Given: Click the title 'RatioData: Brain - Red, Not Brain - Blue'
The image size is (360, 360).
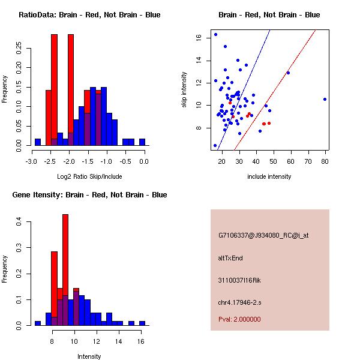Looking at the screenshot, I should pyautogui.click(x=89, y=15).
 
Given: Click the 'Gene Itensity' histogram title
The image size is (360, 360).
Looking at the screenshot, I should pyautogui.click(x=89, y=195).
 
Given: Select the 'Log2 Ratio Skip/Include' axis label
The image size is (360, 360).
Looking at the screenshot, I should pyautogui.click(x=89, y=176).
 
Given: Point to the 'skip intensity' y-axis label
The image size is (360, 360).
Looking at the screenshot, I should pyautogui.click(x=185, y=90).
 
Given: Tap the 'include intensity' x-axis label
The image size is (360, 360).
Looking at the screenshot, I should pyautogui.click(x=269, y=176).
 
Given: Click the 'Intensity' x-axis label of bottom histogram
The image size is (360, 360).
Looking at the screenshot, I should pyautogui.click(x=89, y=356).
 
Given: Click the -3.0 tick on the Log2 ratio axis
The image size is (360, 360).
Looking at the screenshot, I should pyautogui.click(x=32, y=161).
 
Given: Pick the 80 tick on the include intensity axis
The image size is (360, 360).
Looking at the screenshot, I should pyautogui.click(x=325, y=161).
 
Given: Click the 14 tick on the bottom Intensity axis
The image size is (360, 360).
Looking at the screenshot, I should pyautogui.click(x=119, y=341).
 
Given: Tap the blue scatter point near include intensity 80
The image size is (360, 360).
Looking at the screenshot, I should pyautogui.click(x=325, y=99).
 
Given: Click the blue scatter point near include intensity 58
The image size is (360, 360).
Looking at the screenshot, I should pyautogui.click(x=288, y=73).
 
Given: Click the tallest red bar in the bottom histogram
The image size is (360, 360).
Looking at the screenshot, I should pyautogui.click(x=65, y=270).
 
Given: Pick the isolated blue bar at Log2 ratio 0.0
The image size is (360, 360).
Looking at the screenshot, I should pyautogui.click(x=142, y=142).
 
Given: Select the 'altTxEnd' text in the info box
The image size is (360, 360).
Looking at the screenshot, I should pyautogui.click(x=230, y=258).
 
